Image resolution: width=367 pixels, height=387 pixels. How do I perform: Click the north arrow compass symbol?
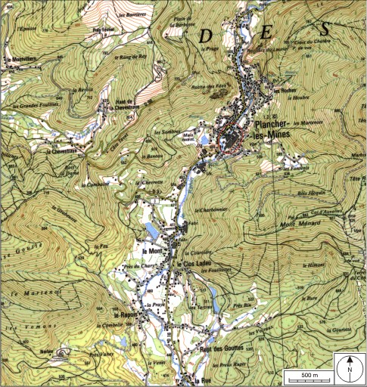(350, 370)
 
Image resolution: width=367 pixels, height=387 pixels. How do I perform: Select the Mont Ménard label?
(279, 224)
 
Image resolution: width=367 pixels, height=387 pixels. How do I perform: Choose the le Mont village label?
(154, 251)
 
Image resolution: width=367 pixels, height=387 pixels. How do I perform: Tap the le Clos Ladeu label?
(194, 264)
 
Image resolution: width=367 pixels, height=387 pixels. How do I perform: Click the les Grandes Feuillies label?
(33, 106)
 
